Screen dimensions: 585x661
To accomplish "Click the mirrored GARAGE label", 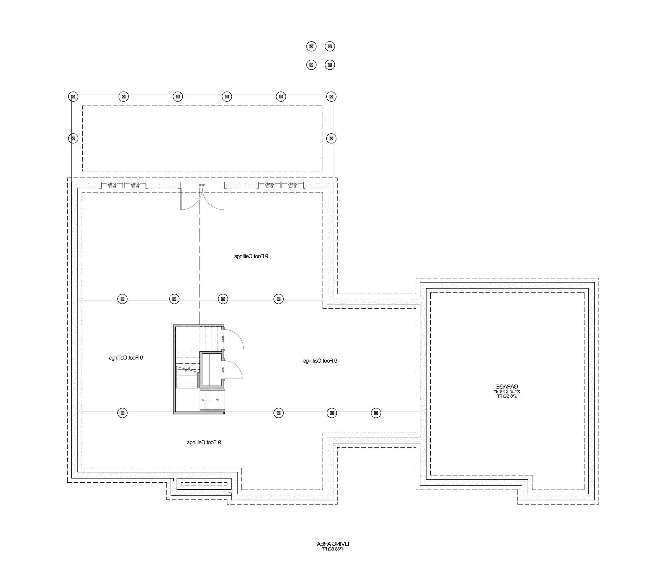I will (x=507, y=386).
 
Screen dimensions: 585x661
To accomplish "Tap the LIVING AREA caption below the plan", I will (x=333, y=544).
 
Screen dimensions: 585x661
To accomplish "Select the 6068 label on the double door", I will (x=202, y=185).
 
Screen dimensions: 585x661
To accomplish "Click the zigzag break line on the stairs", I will (x=188, y=369).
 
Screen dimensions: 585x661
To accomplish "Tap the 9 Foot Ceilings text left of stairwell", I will (x=126, y=358).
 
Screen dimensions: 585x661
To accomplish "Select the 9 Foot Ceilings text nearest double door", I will (x=251, y=256).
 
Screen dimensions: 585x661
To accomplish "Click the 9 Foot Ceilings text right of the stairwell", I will (x=320, y=361).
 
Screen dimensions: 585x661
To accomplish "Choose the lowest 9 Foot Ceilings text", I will (x=204, y=442).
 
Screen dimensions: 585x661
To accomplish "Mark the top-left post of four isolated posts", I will (x=311, y=46).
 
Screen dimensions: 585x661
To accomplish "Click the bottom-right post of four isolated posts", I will (x=330, y=65).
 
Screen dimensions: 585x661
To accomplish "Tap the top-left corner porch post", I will (x=73, y=96).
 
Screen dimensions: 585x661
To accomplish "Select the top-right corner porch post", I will (x=331, y=96).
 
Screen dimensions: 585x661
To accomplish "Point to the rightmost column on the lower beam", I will (x=376, y=413).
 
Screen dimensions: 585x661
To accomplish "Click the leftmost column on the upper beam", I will (x=122, y=299).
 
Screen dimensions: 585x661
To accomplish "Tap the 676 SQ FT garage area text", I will (x=507, y=396).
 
